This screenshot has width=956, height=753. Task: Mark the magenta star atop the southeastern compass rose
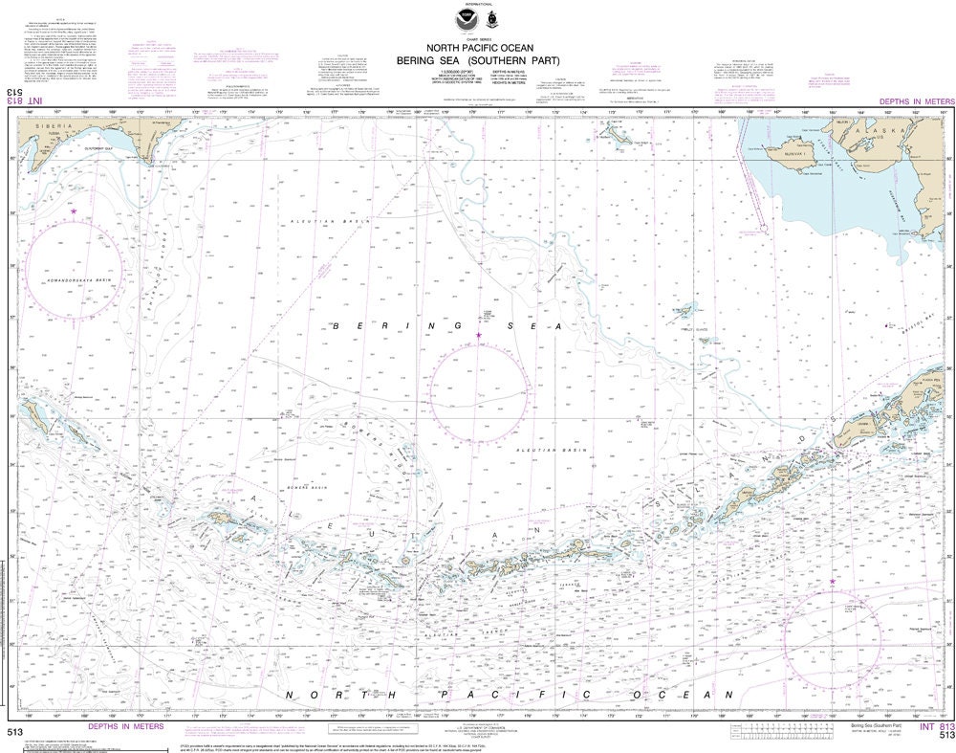[832, 581]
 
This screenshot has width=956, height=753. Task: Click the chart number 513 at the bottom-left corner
[13, 733]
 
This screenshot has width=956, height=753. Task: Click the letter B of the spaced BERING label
[337, 327]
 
